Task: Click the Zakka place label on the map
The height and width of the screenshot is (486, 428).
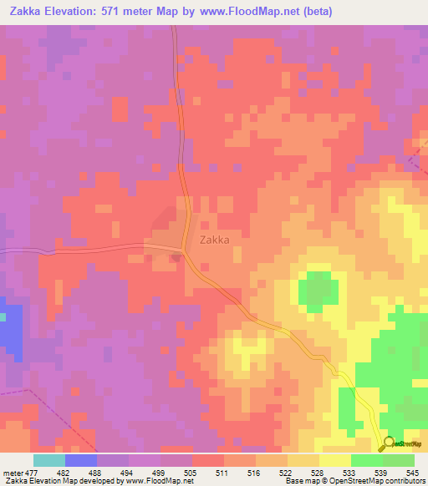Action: pos(215,239)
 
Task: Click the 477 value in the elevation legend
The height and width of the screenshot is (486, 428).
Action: pos(31,473)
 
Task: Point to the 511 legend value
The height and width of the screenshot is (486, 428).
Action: pos(221,473)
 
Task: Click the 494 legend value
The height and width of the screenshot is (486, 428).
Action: pos(126,473)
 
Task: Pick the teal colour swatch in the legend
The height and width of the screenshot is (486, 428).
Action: pos(49,460)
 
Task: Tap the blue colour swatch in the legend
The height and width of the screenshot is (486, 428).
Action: pos(81,460)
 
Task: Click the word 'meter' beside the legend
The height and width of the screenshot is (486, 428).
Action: pos(12,473)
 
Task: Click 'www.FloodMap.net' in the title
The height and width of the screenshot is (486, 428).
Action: pos(262,12)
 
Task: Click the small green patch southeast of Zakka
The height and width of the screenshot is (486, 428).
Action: pos(318,288)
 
